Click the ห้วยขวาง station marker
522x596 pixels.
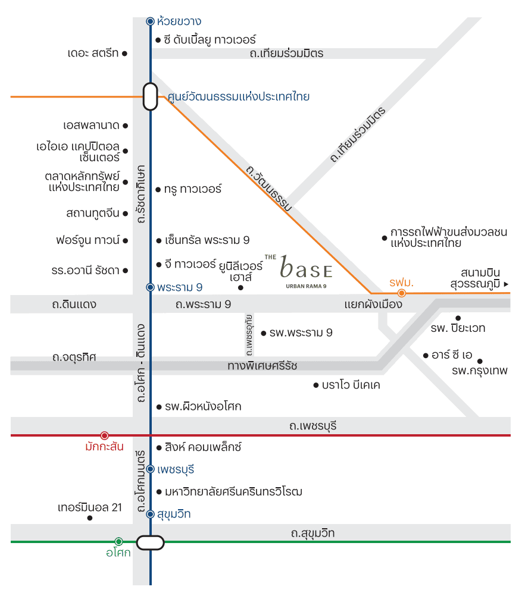point(150,21)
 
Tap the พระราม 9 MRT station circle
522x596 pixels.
point(150,287)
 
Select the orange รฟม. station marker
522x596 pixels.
point(402,293)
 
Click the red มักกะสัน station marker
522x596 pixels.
point(104,435)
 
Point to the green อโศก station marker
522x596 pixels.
point(118,541)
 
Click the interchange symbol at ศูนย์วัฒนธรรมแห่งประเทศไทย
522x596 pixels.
point(150,96)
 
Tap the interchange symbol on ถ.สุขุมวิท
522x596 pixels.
point(150,542)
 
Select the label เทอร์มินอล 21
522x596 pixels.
point(90,507)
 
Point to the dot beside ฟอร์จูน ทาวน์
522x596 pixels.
point(125,241)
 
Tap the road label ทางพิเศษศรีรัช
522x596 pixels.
point(262,365)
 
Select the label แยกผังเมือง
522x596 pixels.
point(373,305)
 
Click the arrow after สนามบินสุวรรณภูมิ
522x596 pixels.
point(506,284)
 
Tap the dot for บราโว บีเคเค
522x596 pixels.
point(315,385)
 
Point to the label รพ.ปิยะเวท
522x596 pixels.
point(458,328)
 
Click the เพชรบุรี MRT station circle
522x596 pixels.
point(150,469)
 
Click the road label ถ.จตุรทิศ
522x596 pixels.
point(74,357)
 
